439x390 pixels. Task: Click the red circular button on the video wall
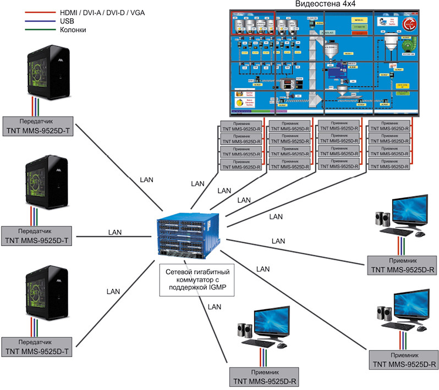click(x=410, y=24)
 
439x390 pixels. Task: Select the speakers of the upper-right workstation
click(x=381, y=219)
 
